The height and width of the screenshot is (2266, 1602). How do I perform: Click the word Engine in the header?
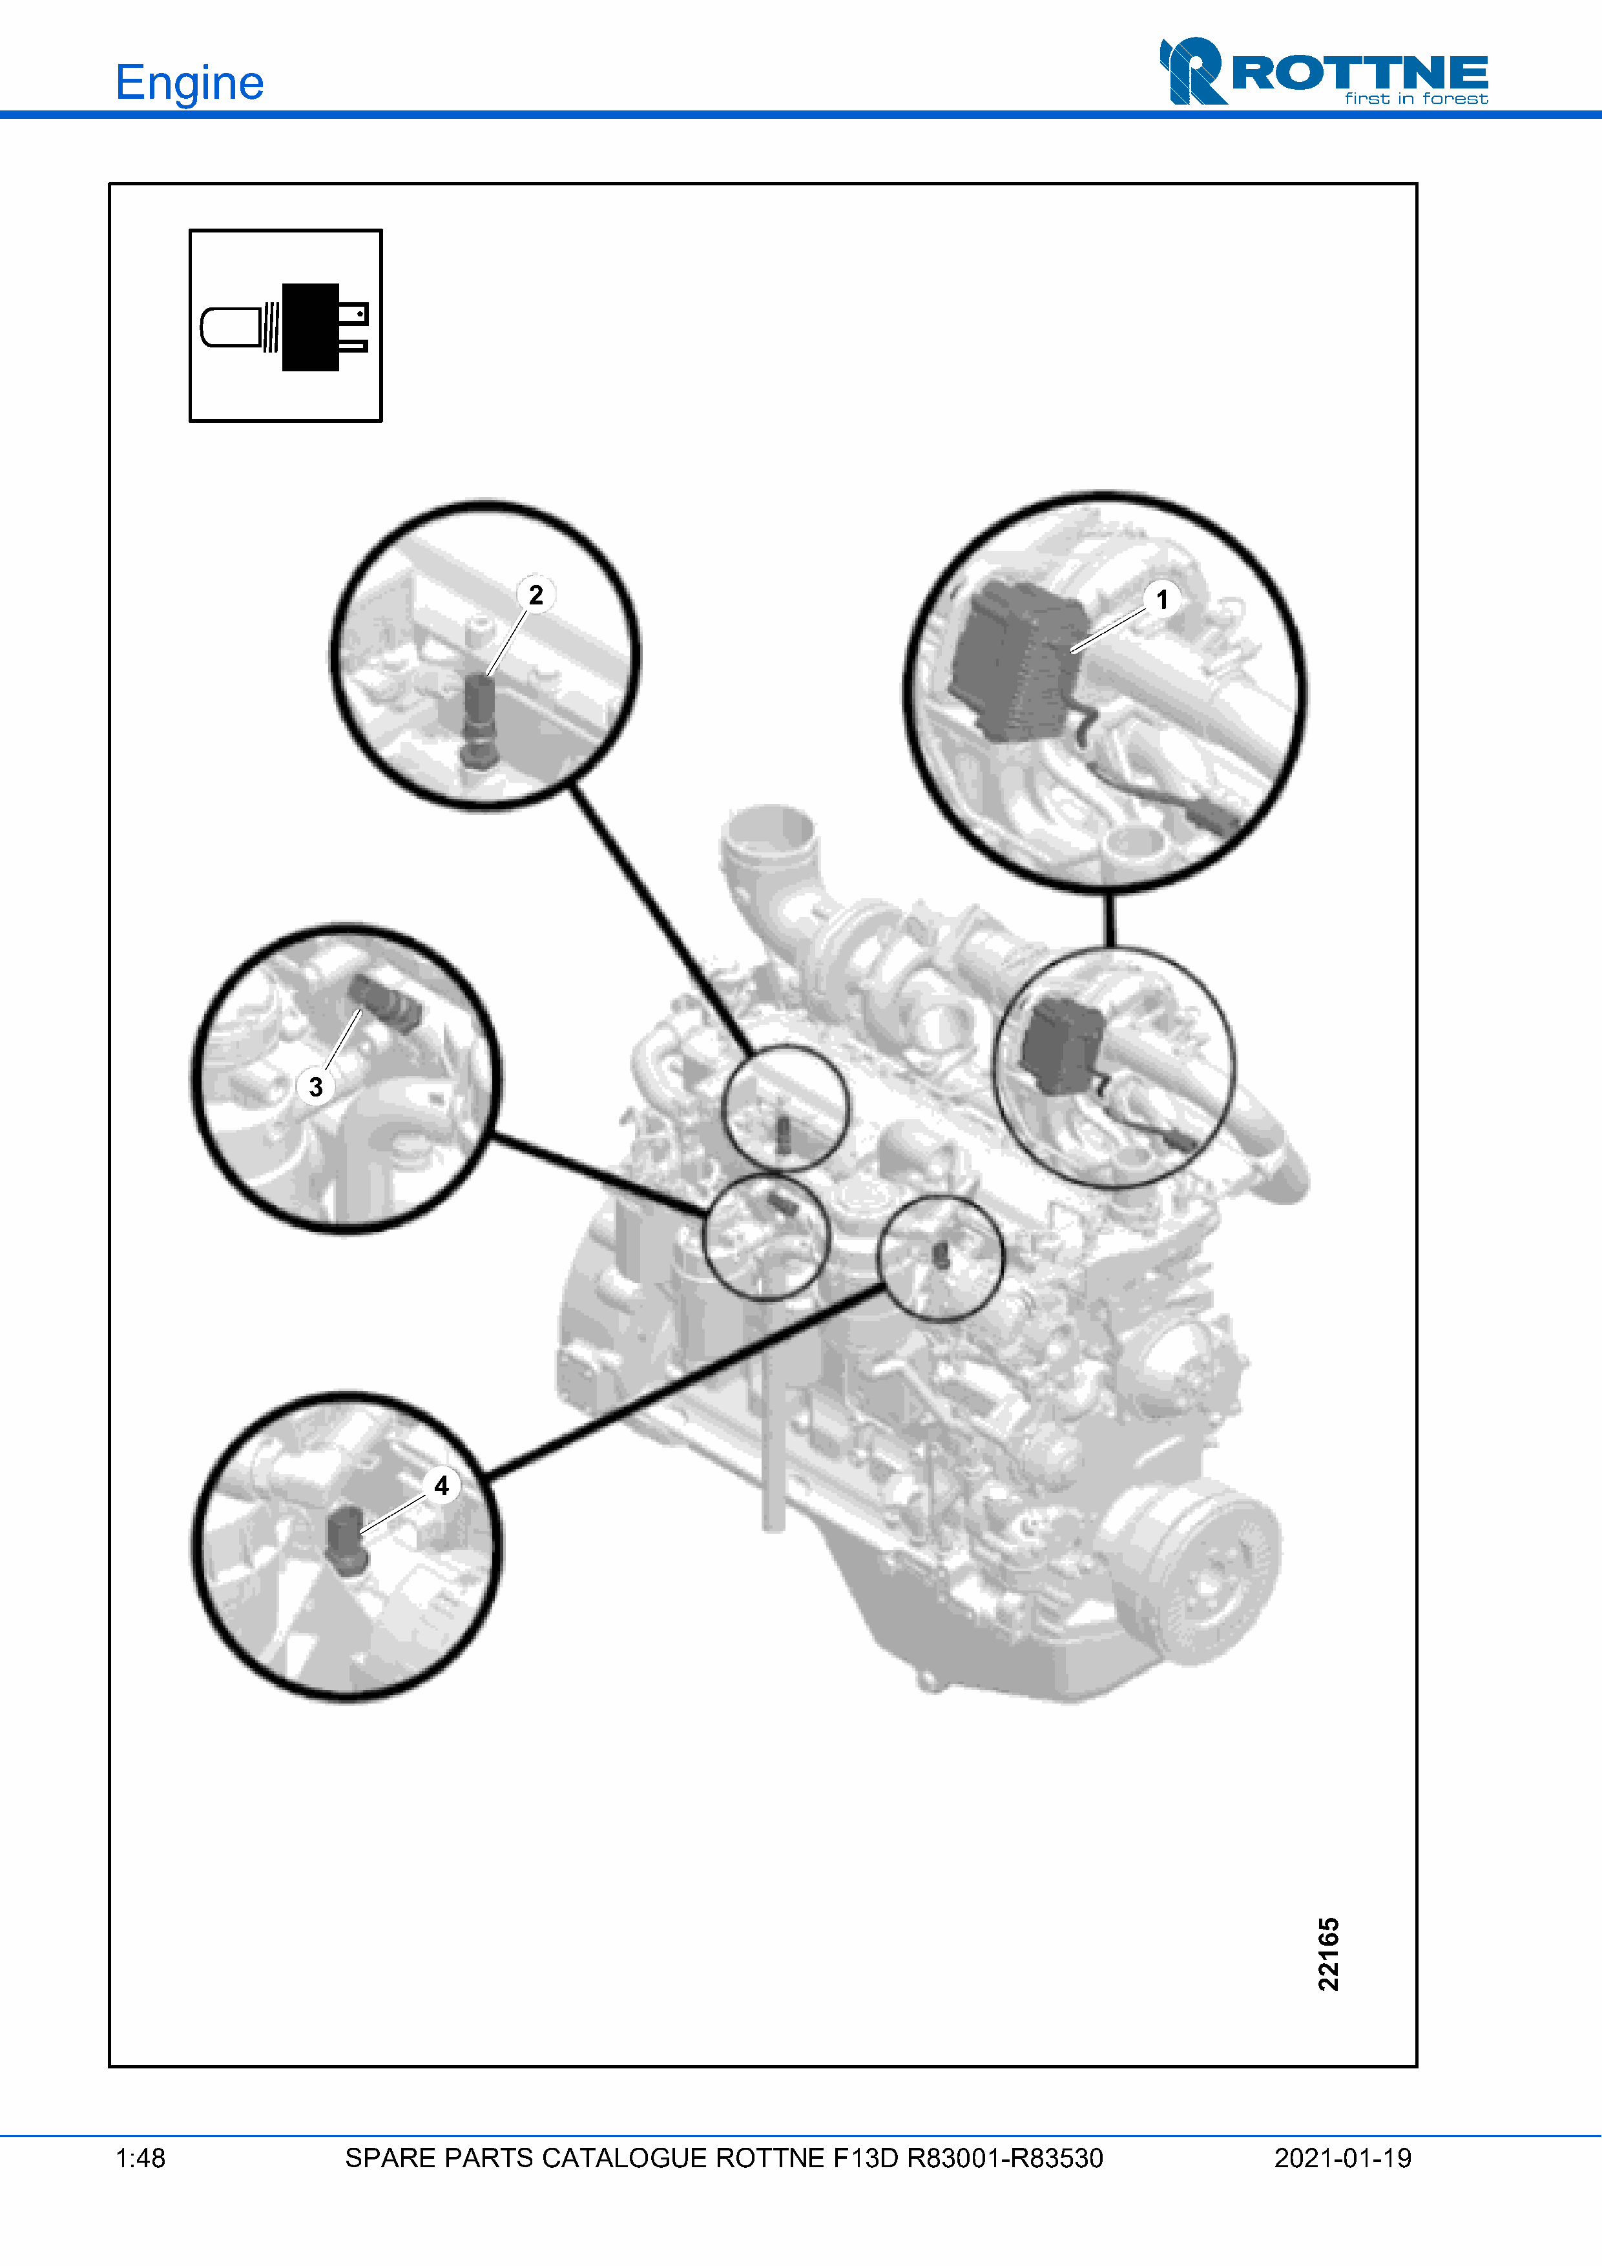(x=189, y=83)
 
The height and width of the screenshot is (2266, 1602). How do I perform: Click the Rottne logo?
(x=1324, y=71)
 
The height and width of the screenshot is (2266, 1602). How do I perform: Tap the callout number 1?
(x=1161, y=599)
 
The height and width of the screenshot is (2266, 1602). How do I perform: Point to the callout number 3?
(x=316, y=1087)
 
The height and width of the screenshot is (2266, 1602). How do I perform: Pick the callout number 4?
(x=441, y=1485)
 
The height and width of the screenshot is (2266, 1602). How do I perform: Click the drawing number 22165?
(x=1329, y=1954)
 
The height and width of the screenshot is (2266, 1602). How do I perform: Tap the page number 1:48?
(x=140, y=2158)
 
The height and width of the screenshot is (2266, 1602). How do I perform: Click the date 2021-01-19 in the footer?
(x=1342, y=2158)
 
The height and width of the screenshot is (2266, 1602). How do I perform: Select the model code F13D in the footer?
(x=865, y=2158)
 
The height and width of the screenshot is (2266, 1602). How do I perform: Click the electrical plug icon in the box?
(x=284, y=327)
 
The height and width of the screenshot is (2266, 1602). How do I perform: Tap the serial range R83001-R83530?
(x=1005, y=2158)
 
